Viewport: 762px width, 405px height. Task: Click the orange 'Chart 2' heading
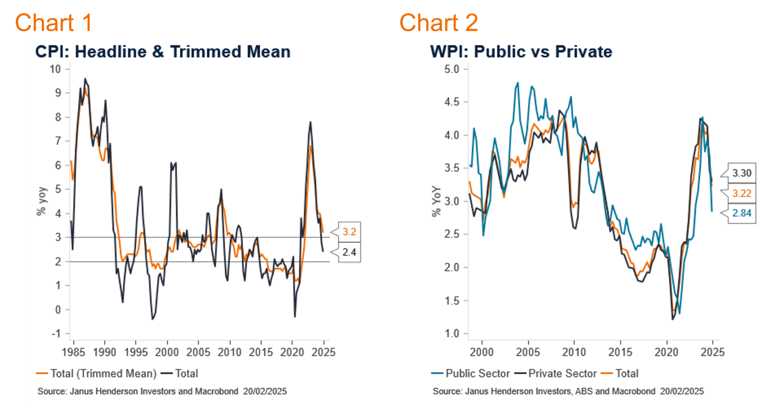tap(438, 22)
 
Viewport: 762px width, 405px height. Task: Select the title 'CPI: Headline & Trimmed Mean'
tap(163, 51)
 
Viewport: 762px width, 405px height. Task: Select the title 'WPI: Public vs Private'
tap(521, 51)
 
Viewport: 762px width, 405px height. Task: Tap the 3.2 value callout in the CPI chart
tap(348, 232)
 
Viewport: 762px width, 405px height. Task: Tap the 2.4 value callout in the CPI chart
tap(348, 253)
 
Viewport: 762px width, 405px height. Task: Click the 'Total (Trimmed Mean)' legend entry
tap(97, 373)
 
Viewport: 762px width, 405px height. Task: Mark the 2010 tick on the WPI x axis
tap(574, 350)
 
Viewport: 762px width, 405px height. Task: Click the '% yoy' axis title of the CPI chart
tap(40, 201)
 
